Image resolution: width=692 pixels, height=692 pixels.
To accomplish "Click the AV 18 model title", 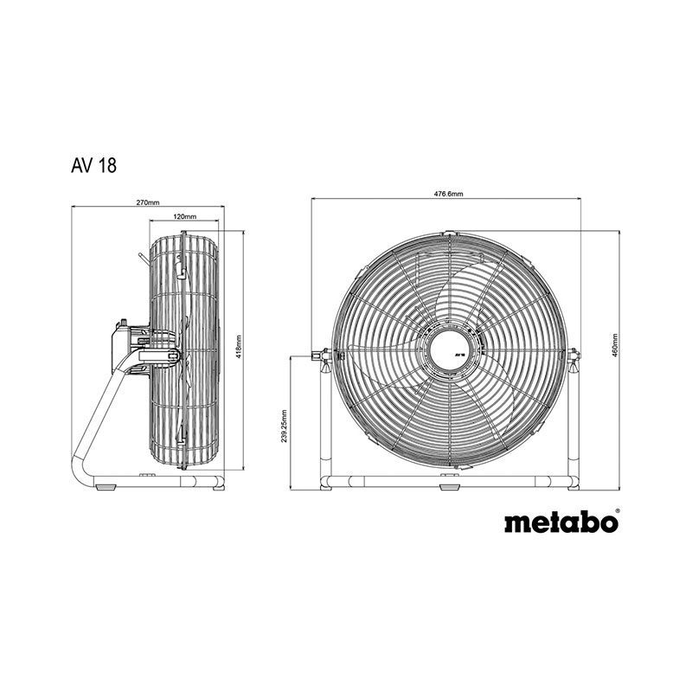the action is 93,165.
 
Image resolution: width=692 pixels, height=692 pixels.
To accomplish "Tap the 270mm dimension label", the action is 147,202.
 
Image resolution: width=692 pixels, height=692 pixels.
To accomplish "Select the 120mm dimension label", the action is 184,216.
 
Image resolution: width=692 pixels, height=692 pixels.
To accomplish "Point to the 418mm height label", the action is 239,346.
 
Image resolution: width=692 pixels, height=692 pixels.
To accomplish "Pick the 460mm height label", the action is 614,345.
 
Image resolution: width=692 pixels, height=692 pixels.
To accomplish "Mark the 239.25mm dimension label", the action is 284,426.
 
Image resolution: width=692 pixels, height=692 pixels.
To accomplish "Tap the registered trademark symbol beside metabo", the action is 617,510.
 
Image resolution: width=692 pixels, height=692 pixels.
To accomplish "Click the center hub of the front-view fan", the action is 451,350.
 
